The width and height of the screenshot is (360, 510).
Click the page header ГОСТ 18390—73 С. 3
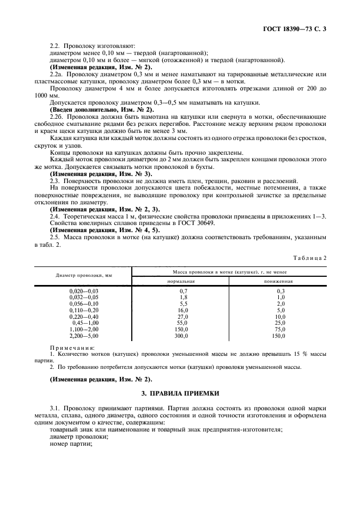[297, 27]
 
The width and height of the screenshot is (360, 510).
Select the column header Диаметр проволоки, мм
[84, 275]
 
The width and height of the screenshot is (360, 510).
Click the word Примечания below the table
[72, 347]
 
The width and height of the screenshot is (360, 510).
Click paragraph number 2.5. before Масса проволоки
[57, 238]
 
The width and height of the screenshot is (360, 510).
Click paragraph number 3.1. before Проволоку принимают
[57, 408]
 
